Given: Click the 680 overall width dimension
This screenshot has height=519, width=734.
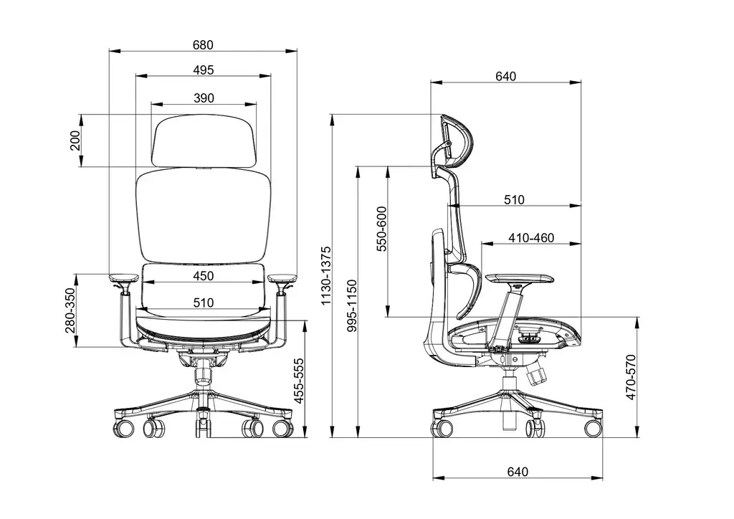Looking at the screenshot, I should tap(203, 44).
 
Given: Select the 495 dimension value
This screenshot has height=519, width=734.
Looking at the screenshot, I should tap(203, 70).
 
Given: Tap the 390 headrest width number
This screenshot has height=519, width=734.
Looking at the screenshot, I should tap(204, 98).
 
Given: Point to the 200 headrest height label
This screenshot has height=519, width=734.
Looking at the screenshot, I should tap(75, 141).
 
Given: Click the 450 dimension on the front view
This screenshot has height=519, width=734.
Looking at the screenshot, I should tap(203, 277).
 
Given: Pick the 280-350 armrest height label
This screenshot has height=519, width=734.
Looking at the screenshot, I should tap(69, 310).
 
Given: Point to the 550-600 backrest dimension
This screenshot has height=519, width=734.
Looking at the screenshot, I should tap(381, 229).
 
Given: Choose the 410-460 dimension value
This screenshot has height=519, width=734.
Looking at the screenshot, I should tap(531, 238).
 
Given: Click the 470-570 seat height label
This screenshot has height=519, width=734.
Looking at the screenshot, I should tap(631, 377).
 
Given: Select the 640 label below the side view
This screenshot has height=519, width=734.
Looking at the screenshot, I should tap(517, 472).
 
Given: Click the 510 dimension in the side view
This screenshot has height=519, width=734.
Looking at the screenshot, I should tap(514, 200).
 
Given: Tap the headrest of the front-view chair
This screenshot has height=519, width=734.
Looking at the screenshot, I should tap(204, 141).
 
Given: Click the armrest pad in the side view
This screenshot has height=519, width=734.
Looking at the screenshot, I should tap(519, 278).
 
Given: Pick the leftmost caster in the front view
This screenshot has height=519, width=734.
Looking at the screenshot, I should tap(124, 428).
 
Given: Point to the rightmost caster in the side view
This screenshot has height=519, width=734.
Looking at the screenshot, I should tap(593, 428).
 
